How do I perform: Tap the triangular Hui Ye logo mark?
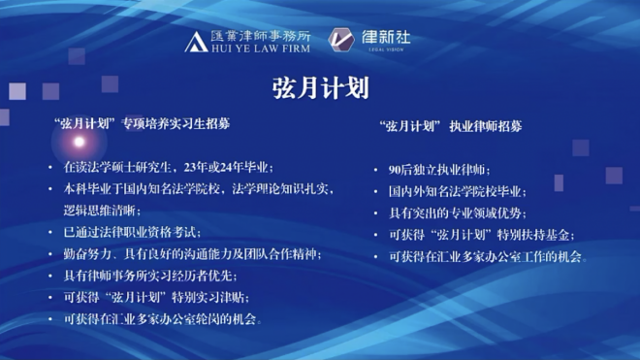[x=195, y=41]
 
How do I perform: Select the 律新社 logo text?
[x=386, y=37]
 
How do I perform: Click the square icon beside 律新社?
[x=340, y=40]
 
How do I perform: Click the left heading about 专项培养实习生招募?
[x=149, y=124]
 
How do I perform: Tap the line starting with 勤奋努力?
[x=191, y=254]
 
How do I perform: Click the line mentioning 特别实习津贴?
[x=160, y=297]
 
